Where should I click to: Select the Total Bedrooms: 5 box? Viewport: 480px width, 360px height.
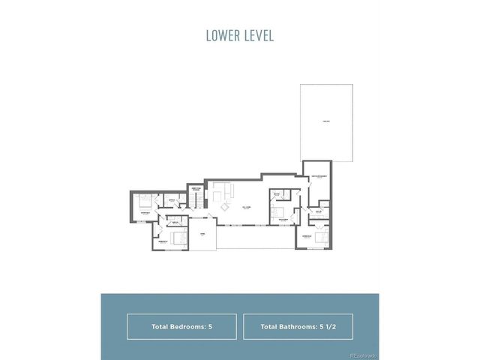(181, 327)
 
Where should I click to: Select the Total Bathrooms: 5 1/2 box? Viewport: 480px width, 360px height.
(298, 327)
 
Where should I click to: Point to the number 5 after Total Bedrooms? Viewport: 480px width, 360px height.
(211, 327)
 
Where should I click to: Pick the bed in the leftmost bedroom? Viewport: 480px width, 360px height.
(144, 201)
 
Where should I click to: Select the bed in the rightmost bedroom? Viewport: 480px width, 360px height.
(319, 237)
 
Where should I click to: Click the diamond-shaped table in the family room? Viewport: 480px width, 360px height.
(227, 207)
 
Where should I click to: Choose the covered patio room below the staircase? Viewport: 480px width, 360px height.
(201, 235)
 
